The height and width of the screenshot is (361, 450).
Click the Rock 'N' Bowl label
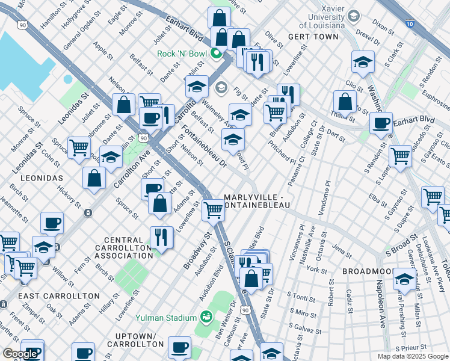(182, 54)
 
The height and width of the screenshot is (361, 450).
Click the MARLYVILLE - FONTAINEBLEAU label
(257, 201)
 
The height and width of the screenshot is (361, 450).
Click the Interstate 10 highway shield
(409, 23)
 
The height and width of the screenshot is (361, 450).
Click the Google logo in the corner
(20, 354)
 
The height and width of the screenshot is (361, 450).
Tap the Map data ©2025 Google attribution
(413, 356)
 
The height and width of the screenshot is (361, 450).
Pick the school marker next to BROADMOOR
(404, 279)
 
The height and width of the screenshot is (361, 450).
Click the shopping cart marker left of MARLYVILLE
(213, 211)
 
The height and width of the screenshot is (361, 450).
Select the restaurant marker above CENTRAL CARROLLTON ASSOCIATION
(161, 237)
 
